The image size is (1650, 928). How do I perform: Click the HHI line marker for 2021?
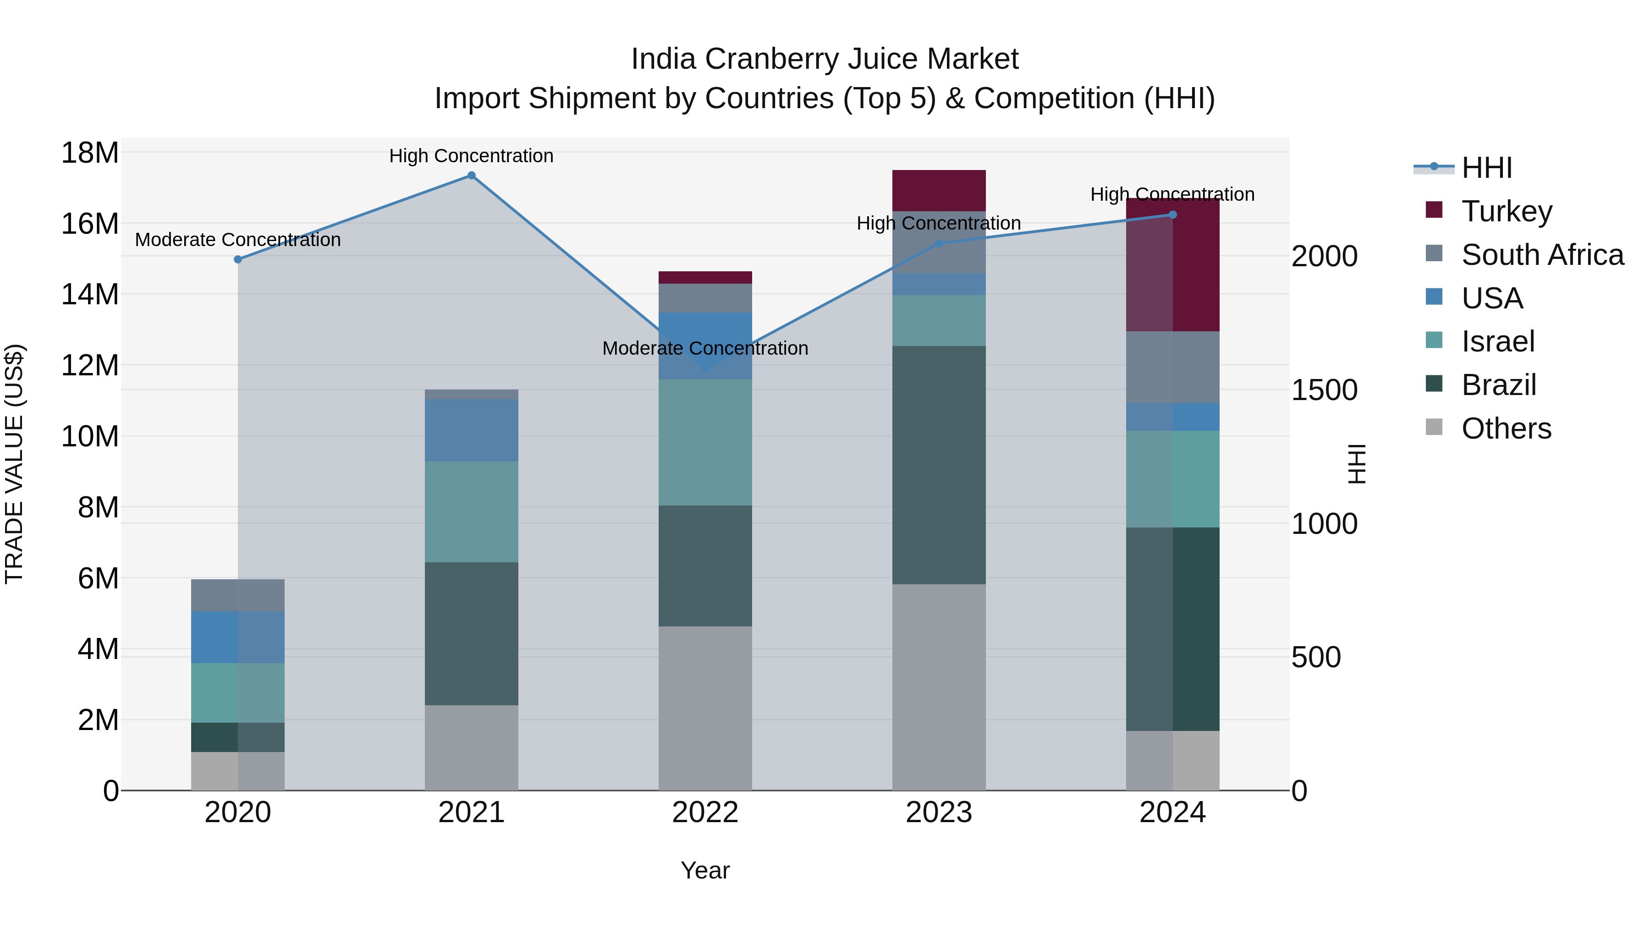click(472, 176)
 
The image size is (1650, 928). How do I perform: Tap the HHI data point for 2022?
click(705, 368)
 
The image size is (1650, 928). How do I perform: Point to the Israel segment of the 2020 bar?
click(237, 692)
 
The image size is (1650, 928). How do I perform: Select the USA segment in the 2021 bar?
click(472, 430)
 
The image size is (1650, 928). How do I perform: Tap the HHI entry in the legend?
click(1487, 168)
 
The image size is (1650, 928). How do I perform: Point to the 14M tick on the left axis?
click(90, 295)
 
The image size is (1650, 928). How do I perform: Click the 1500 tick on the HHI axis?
click(1324, 390)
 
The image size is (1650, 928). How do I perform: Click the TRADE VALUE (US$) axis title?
click(14, 464)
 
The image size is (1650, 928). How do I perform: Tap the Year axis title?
click(705, 870)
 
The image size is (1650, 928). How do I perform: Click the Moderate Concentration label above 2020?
click(237, 240)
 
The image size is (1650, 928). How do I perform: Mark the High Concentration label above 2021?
click(472, 156)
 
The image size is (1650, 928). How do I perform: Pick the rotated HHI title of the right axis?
click(1356, 464)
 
